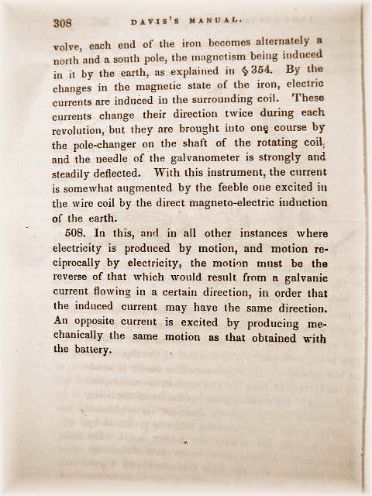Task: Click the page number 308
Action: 63,23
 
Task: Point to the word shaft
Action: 193,143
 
